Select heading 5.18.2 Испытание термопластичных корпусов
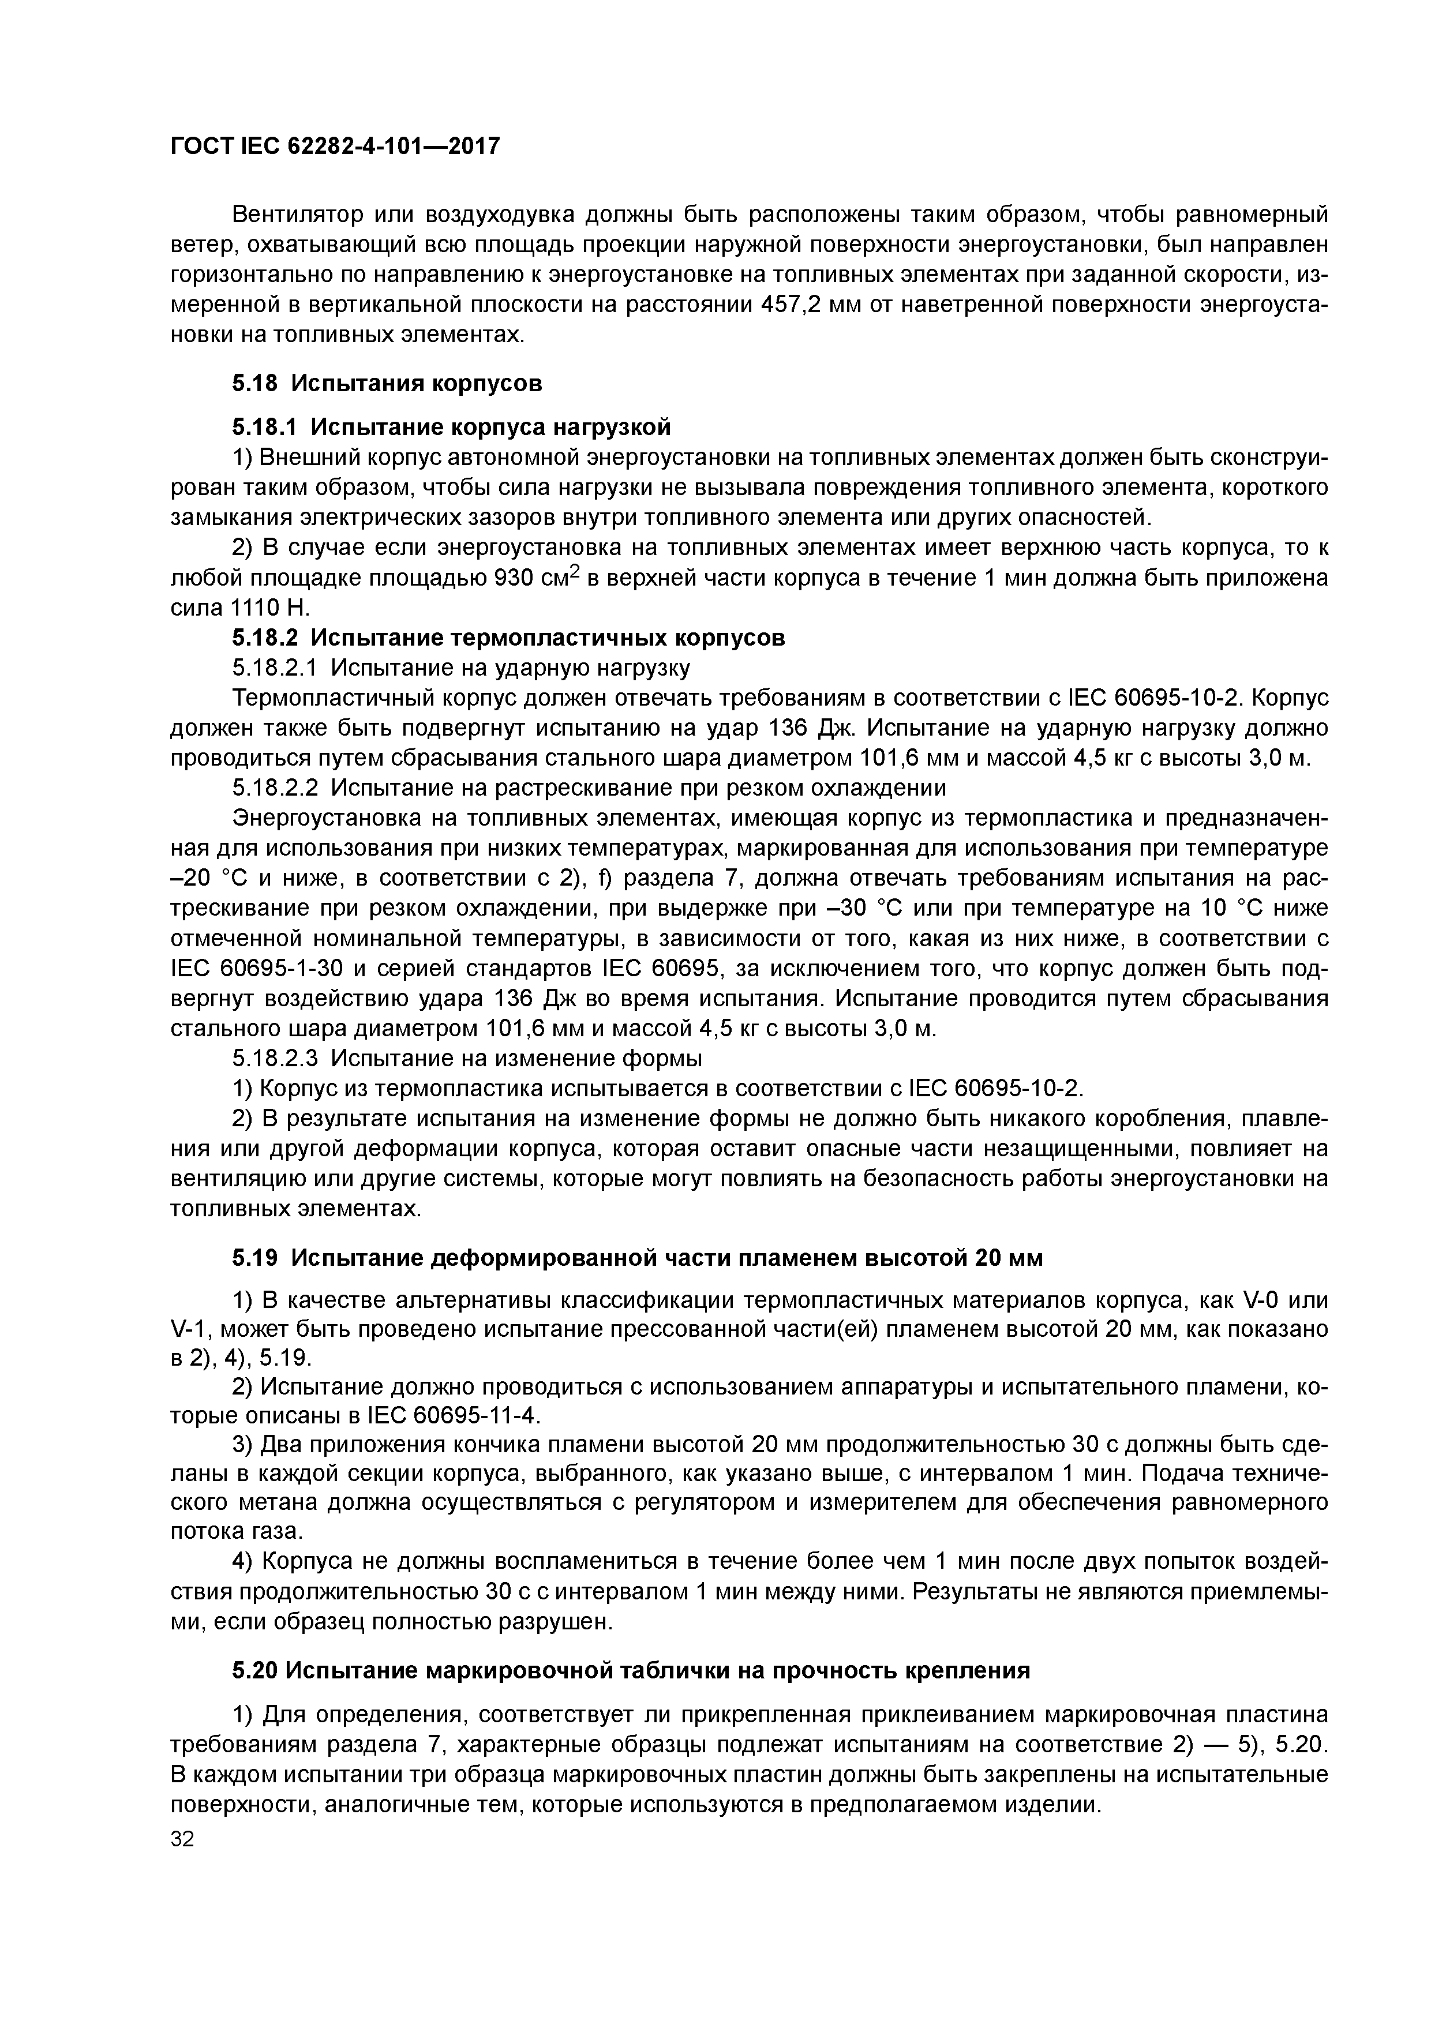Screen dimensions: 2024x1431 (508, 638)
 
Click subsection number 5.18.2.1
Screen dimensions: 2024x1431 (276, 668)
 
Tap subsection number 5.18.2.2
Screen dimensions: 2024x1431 (276, 787)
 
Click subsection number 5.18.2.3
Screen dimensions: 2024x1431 (276, 1057)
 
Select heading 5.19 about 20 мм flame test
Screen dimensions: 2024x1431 (636, 1258)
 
